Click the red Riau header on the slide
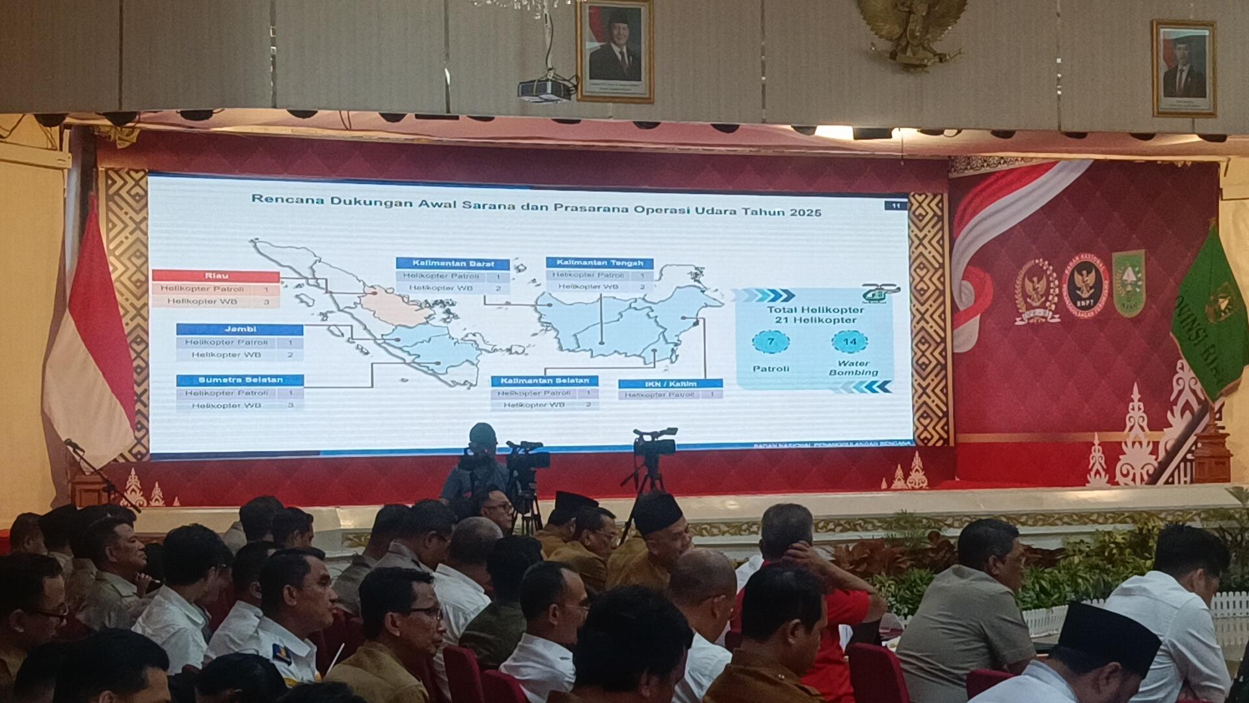click(215, 276)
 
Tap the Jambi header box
click(239, 329)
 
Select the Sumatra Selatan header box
click(240, 380)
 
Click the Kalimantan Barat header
click(453, 264)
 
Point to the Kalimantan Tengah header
click(599, 263)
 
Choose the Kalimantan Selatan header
click(544, 381)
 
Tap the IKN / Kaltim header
click(670, 384)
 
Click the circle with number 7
click(770, 342)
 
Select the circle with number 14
click(850, 342)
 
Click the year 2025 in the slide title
click(805, 212)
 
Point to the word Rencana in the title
click(284, 199)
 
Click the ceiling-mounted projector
click(546, 89)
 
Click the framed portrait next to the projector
click(615, 51)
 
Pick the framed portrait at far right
click(1183, 68)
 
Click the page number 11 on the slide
click(896, 206)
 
